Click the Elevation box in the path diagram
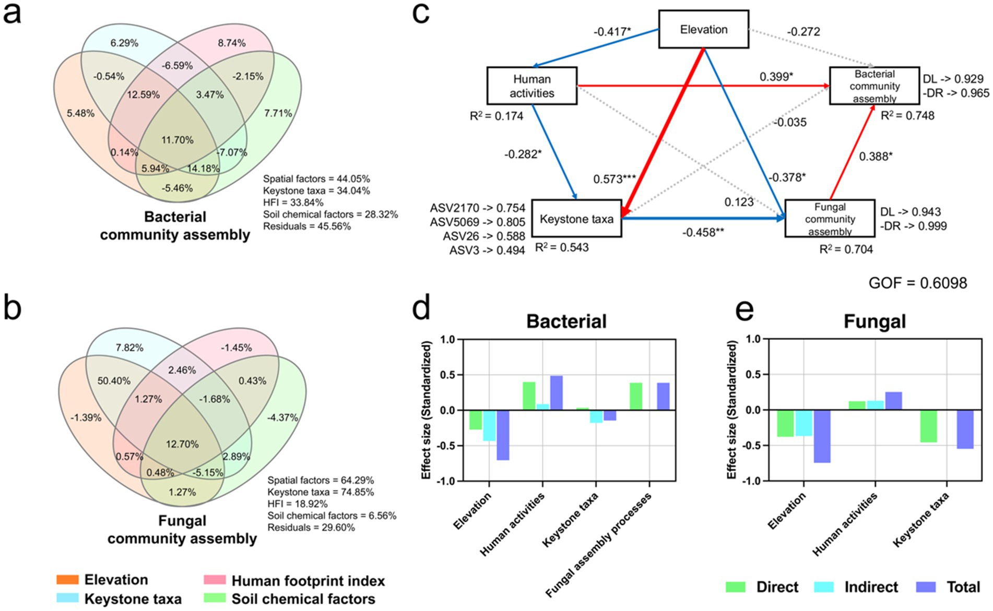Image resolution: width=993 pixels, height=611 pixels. (x=703, y=30)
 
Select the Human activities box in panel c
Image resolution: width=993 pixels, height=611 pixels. (x=531, y=86)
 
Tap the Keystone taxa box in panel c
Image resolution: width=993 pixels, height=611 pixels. (x=576, y=219)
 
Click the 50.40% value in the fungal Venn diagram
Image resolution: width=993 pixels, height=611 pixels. (x=114, y=381)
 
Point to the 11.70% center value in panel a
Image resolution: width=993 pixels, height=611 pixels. (x=178, y=140)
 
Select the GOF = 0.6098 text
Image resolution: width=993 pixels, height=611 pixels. (x=917, y=283)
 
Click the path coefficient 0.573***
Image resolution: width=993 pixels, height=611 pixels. (x=614, y=179)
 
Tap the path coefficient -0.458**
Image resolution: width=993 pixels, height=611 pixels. (x=703, y=232)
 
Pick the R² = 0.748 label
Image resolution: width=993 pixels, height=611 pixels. (x=907, y=116)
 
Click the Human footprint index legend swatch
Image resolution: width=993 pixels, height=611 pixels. (x=214, y=580)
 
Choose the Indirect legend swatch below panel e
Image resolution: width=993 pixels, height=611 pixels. (x=824, y=587)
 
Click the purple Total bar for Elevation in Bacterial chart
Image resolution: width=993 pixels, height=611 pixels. (x=503, y=435)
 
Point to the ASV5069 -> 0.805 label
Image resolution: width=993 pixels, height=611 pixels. (x=477, y=222)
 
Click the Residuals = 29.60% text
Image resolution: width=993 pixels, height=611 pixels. (x=311, y=528)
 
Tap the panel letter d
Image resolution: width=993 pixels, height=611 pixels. (x=421, y=309)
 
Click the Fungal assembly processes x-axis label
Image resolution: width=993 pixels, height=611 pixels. (x=599, y=545)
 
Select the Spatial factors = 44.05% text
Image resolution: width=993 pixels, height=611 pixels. (x=316, y=178)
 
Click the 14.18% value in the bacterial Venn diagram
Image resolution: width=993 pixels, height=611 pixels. (x=203, y=169)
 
